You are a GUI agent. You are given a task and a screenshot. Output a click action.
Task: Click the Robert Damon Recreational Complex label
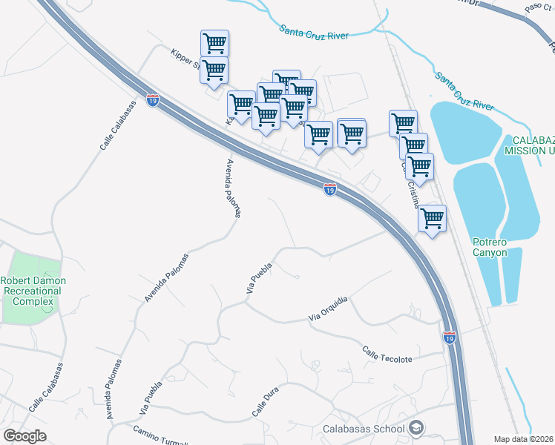[x=33, y=291]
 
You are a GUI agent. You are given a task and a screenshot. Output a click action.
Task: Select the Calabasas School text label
[x=364, y=429]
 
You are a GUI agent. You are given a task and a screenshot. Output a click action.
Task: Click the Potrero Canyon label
[x=490, y=247]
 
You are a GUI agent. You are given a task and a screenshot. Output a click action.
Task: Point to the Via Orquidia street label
[x=328, y=310]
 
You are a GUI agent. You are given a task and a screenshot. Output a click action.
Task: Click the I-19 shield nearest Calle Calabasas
[x=153, y=99]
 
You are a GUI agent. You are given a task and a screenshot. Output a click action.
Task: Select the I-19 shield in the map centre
[x=330, y=190]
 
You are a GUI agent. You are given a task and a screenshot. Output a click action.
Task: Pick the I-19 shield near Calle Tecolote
[x=450, y=337]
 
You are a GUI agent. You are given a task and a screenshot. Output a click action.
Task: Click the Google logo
[x=24, y=436]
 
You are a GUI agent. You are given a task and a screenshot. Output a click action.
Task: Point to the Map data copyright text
[x=524, y=439]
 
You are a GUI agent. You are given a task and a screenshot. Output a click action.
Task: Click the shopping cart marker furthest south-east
[x=432, y=219]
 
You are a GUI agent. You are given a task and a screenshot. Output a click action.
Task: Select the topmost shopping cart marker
[x=214, y=43]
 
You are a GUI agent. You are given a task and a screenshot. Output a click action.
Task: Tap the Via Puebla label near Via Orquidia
[x=257, y=283]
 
